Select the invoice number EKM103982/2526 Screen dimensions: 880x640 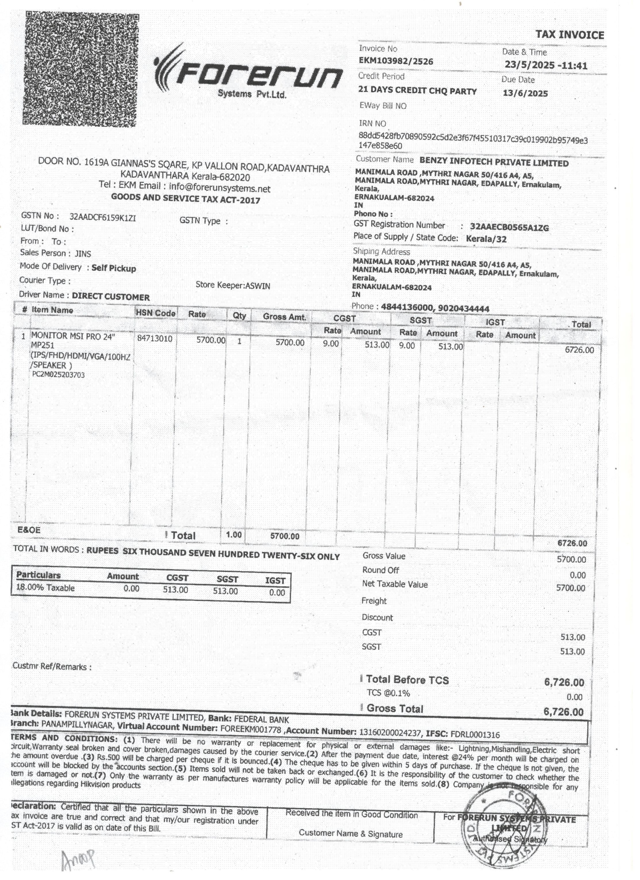point(396,61)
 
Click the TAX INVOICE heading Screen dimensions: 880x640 point(570,35)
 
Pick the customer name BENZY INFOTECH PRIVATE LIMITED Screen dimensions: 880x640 point(494,163)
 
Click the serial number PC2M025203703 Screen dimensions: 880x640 point(58,375)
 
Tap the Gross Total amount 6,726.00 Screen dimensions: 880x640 point(564,712)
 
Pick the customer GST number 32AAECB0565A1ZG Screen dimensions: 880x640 point(509,228)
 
